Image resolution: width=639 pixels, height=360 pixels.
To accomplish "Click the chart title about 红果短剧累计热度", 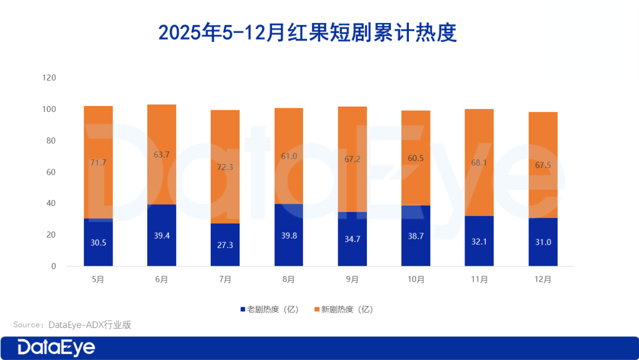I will [308, 33].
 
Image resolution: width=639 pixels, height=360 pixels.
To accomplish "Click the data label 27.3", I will [225, 245].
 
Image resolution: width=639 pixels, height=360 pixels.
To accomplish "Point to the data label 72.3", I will [225, 168].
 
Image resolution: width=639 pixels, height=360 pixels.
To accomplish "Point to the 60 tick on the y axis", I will [51, 172].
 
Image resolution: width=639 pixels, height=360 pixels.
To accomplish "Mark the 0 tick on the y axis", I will [53, 266].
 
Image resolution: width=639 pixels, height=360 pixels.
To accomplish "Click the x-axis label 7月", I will [225, 279].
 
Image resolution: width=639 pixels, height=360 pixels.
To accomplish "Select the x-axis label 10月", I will [415, 279].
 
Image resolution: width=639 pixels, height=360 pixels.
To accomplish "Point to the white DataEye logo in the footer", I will [56, 348].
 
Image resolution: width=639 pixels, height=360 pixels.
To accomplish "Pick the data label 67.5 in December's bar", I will [543, 165].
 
